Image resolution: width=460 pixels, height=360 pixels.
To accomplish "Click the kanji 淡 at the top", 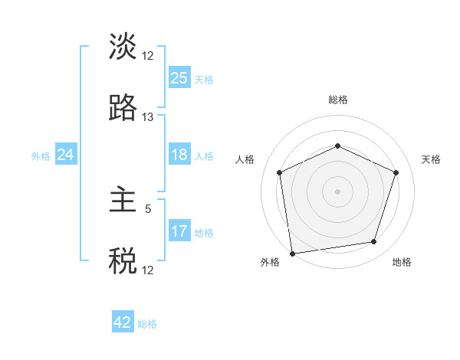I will point(123,47).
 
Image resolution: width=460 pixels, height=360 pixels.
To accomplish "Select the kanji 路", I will point(123,108).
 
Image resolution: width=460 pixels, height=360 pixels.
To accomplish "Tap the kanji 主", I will point(123,201).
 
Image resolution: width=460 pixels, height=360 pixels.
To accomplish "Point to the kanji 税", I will point(123,261).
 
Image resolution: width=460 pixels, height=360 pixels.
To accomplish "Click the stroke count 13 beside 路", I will point(148,117).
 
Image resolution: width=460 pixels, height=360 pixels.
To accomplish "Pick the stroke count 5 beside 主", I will point(148,208).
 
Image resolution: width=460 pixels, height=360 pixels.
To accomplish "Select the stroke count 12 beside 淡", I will point(148,56).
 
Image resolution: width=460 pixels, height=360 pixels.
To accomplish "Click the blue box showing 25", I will point(179,77).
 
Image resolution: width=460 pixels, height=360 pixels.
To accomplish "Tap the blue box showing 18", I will point(179,155).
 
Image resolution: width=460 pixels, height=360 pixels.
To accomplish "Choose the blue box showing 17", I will point(179,231).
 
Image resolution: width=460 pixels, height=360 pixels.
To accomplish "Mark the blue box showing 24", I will point(66,155).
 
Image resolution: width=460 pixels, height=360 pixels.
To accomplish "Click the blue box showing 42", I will point(123,322).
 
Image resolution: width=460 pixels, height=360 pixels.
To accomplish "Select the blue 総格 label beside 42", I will point(147,324).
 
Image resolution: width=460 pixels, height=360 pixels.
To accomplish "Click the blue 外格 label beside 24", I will point(41,156).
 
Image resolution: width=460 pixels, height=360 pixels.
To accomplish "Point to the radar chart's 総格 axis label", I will point(337,100).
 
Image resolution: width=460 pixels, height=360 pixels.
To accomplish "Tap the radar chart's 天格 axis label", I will point(431,159).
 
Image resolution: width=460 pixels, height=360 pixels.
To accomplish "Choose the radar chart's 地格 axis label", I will point(402,262).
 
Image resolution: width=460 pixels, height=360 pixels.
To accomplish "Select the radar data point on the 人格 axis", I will point(280,172).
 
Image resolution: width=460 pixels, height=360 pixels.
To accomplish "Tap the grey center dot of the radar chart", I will point(337,191).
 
